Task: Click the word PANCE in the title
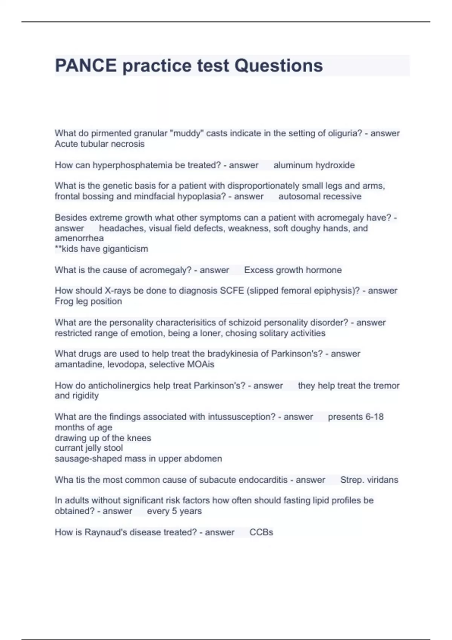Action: point(86,66)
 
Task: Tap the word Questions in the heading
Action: point(279,66)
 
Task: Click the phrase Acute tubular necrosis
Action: point(99,144)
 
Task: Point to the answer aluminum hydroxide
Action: point(314,165)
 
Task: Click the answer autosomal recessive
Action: point(320,196)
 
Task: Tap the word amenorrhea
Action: point(79,238)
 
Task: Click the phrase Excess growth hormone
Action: point(293,270)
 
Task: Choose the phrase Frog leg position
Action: point(88,301)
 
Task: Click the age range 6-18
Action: point(374,417)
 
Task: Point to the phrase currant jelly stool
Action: point(89,448)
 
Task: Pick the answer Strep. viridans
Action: point(369,480)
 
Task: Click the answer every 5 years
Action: point(174,511)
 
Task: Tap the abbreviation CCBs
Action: point(261,532)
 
